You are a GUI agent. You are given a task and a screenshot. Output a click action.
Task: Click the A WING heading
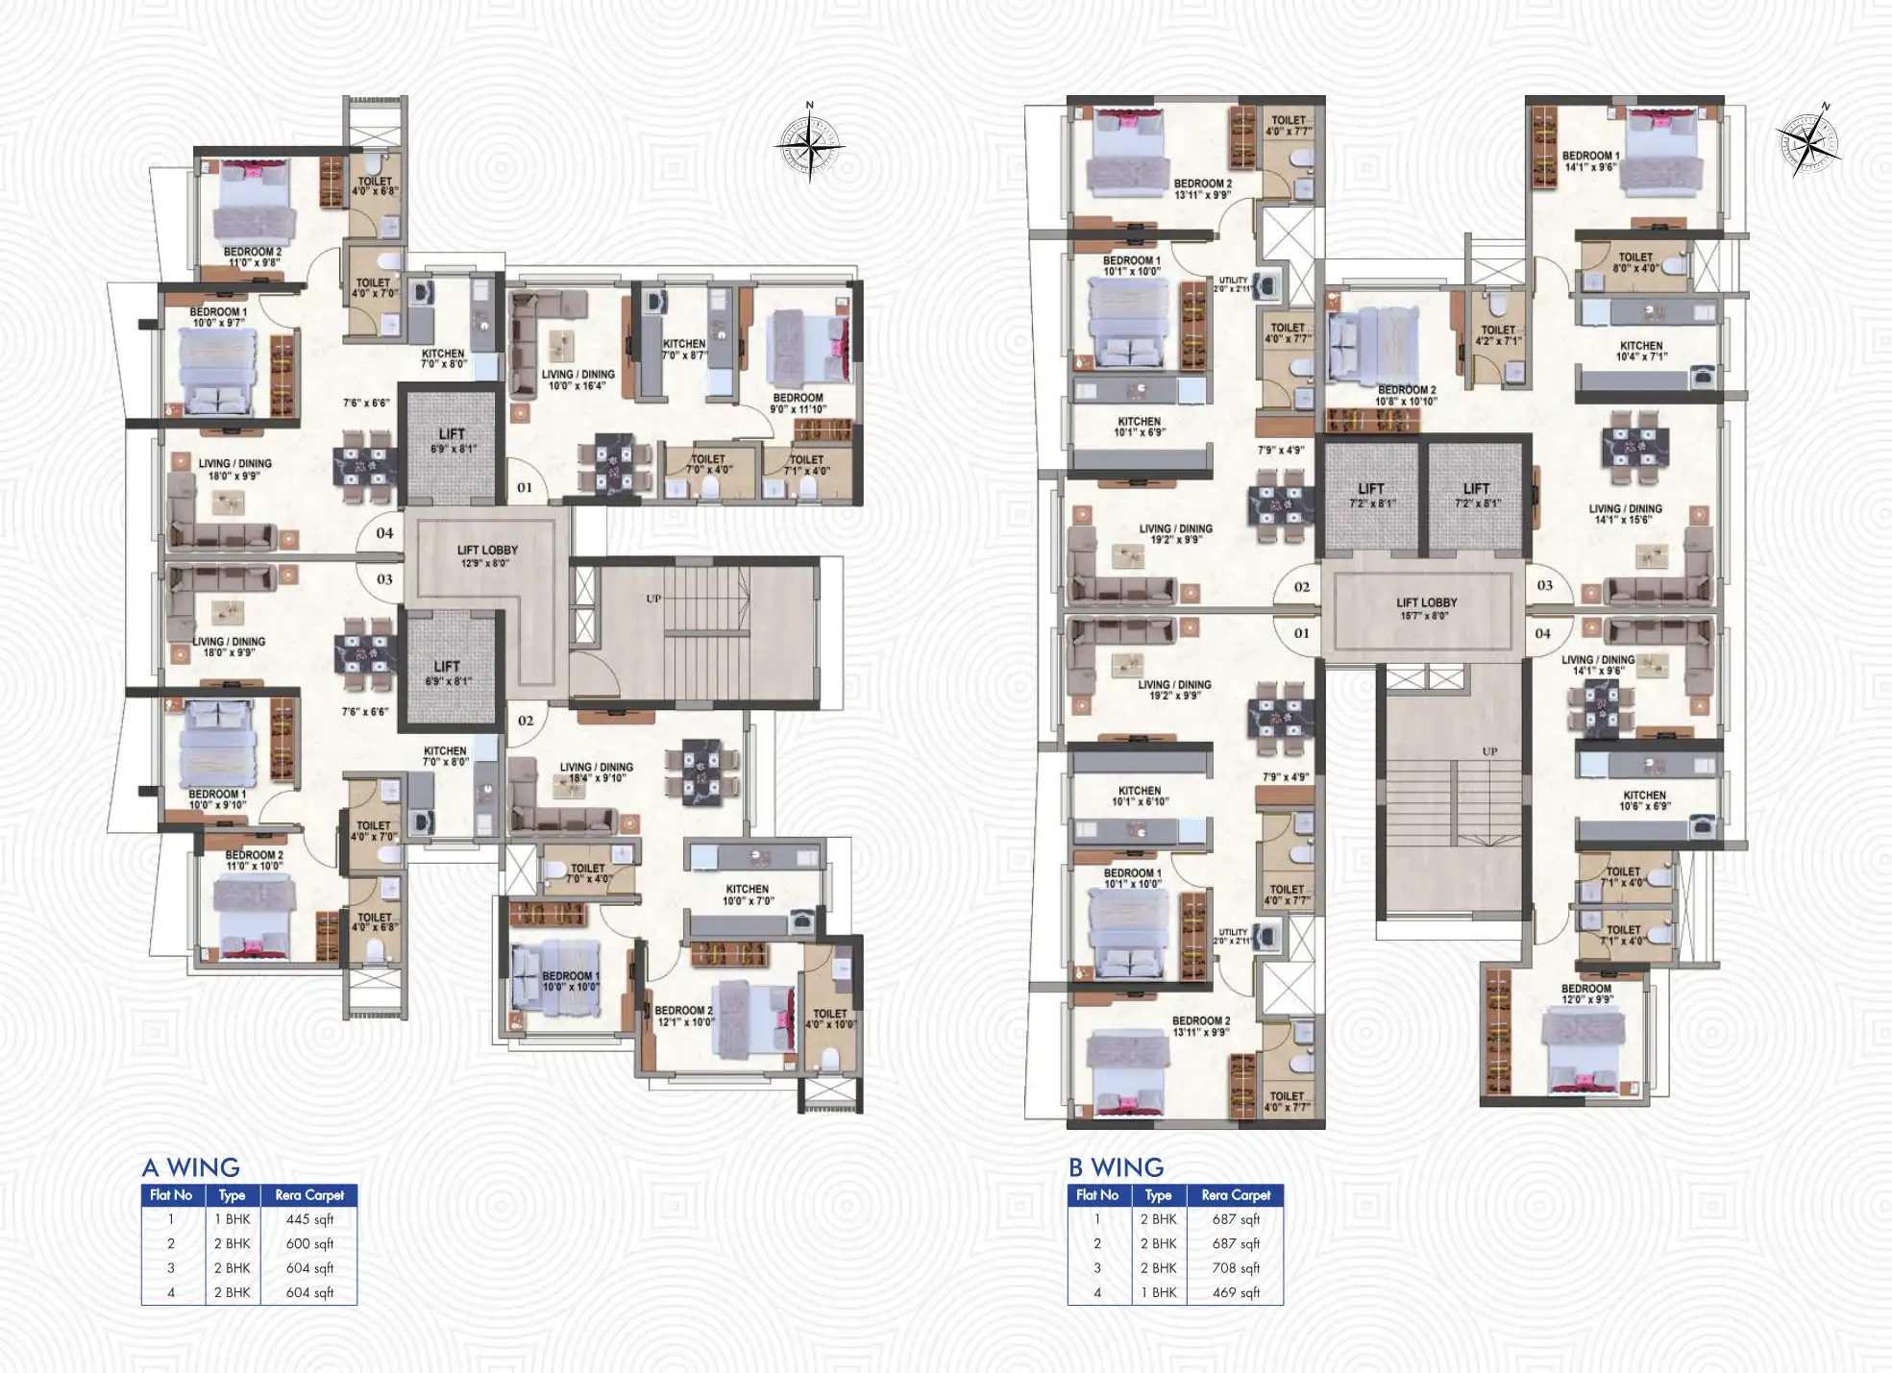(190, 1167)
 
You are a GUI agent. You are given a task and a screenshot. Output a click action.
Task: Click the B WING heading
(1116, 1167)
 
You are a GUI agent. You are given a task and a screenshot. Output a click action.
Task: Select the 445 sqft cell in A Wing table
(309, 1219)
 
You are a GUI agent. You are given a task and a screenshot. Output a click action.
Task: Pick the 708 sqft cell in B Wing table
(1236, 1268)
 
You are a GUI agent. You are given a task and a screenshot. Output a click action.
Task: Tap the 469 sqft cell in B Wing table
(1236, 1292)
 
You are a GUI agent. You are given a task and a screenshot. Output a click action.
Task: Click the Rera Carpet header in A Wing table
(309, 1195)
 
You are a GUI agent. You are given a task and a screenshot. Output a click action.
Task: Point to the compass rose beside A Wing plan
(809, 147)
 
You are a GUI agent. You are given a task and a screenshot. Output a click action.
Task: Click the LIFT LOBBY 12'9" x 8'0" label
(487, 556)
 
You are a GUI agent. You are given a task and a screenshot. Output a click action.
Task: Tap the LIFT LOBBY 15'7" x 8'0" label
(1426, 608)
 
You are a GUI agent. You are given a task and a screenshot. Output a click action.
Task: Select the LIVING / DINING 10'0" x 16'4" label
(577, 380)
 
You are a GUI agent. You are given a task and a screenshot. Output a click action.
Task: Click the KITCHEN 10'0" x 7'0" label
(748, 895)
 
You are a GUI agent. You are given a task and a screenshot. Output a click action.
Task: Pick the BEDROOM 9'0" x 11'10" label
(798, 403)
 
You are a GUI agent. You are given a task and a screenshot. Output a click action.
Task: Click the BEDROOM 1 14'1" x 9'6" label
(1590, 160)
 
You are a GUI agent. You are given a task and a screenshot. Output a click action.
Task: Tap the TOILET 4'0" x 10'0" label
(830, 1018)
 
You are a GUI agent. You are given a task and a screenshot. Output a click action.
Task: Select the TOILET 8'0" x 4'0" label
(1635, 262)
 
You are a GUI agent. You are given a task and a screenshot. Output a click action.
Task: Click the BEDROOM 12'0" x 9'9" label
(1585, 993)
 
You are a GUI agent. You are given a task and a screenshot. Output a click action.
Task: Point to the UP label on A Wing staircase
(653, 599)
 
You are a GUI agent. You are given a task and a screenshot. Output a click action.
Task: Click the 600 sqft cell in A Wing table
(309, 1243)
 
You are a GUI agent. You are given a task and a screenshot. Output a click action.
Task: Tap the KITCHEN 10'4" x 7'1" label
(1641, 351)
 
